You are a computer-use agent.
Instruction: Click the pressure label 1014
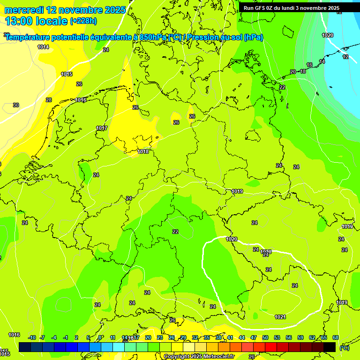pos(43,47)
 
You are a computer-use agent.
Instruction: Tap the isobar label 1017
pos(102,128)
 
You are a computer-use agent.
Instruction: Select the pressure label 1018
pos(143,151)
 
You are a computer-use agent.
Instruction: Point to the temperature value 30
pos(16,105)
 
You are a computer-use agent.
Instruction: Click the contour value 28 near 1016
pos(49,100)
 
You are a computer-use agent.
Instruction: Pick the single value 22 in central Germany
pos(175,232)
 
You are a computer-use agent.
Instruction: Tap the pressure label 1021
pos(280,317)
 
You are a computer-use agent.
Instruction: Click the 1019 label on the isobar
pos(237,191)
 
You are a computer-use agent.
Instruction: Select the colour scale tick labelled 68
pos(336,337)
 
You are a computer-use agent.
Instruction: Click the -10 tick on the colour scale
pos(32,337)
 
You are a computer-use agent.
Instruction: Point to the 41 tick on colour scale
pos(230,337)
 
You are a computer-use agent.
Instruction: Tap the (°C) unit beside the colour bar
pos(345,348)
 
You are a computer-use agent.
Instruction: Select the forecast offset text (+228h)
pos(83,21)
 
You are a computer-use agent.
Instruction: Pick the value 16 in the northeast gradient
pos(309,65)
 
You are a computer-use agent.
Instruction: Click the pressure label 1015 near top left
pos(67,74)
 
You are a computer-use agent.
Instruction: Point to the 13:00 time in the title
pos(19,21)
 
